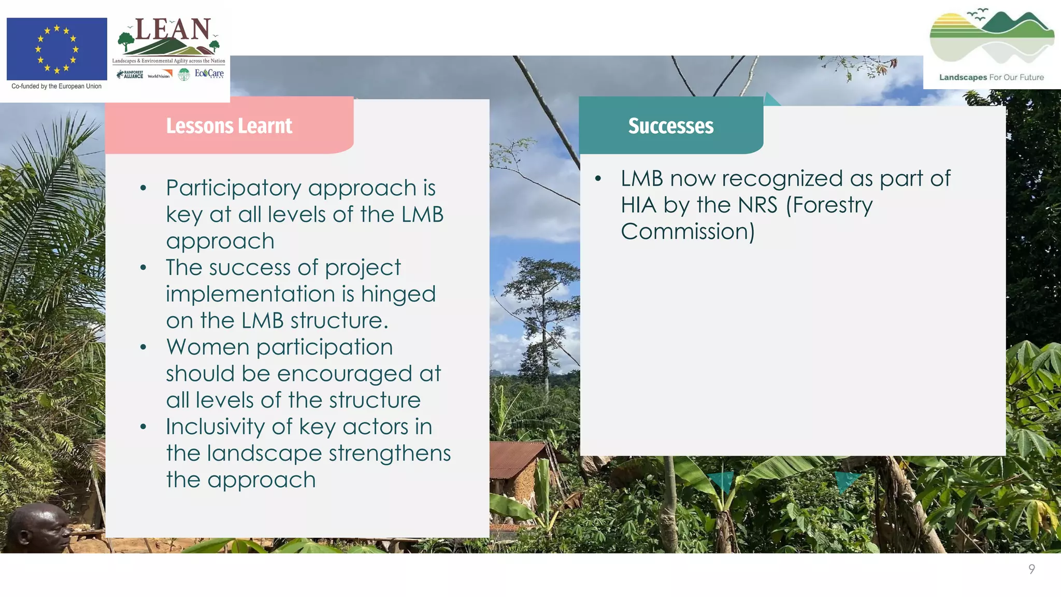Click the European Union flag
[x=57, y=49]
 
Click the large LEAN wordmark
[x=173, y=30]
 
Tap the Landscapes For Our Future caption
[x=992, y=77]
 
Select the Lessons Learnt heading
[x=229, y=126]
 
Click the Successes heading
[x=671, y=126]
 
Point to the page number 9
[x=1031, y=569]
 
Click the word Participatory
[x=234, y=188]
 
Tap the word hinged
[x=398, y=294]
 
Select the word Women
[x=208, y=347]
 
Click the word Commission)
[x=688, y=231]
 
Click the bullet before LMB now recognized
[x=598, y=179]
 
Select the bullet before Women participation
[x=144, y=347]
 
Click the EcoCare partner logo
[x=209, y=74]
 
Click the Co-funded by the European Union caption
[x=56, y=87]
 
